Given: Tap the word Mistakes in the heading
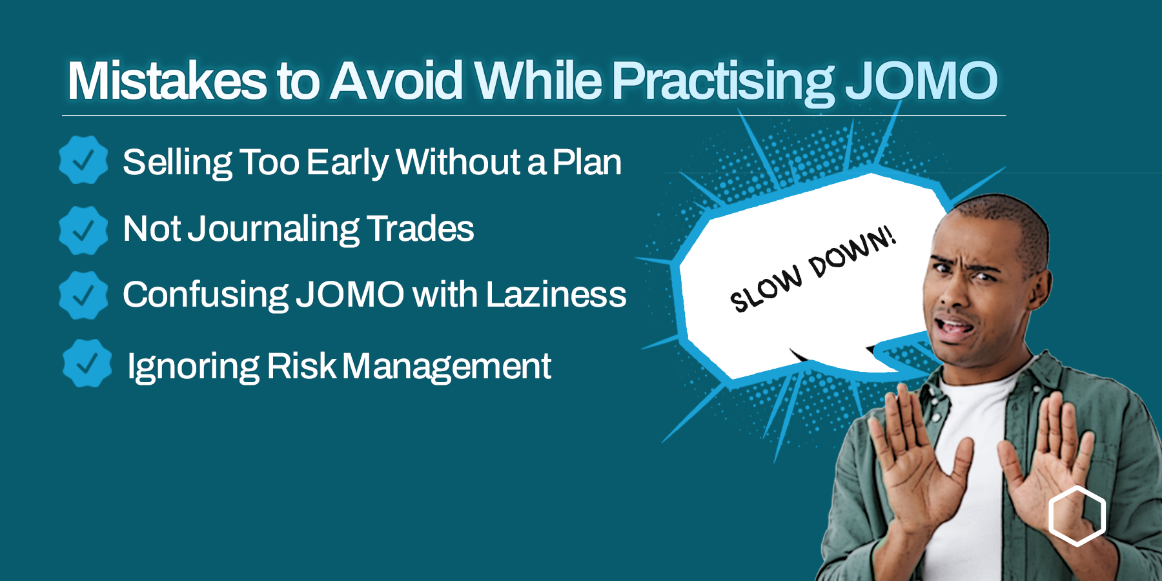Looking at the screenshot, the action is pyautogui.click(x=167, y=81).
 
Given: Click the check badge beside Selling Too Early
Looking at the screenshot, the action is pyautogui.click(x=83, y=159).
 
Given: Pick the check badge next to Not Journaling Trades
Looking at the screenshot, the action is pyautogui.click(x=83, y=230).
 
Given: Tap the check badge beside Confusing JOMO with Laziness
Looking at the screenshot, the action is pyautogui.click(x=83, y=296).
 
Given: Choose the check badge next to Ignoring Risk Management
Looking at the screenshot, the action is pyautogui.click(x=87, y=363).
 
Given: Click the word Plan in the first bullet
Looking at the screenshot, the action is pyautogui.click(x=587, y=162).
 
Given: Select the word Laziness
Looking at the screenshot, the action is pyautogui.click(x=556, y=294).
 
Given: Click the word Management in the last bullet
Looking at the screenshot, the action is pyautogui.click(x=447, y=367).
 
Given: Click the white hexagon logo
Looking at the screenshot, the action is pyautogui.click(x=1077, y=515).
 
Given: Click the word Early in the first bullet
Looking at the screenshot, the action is pyautogui.click(x=347, y=163).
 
